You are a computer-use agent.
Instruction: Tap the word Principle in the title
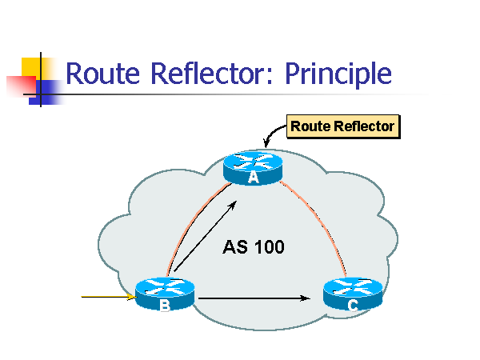pos(338,74)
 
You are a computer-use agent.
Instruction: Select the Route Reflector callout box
pos(342,126)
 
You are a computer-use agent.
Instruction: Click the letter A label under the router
pos(254,178)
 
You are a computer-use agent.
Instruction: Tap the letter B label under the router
pos(165,307)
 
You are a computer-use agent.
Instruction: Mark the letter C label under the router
pos(352,306)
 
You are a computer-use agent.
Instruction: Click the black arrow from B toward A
pos(206,236)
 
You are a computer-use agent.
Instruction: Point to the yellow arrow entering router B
pos(106,298)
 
